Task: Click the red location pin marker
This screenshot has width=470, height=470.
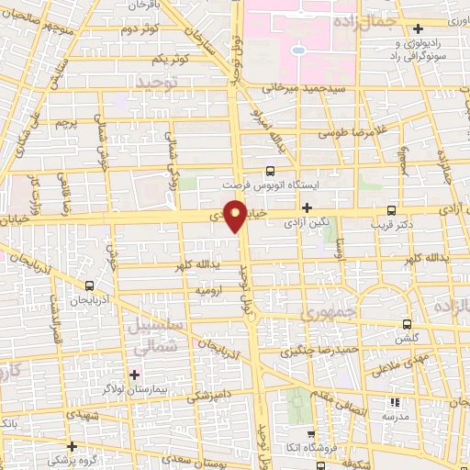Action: pyautogui.click(x=237, y=216)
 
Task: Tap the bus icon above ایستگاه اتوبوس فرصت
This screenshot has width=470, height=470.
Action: pyautogui.click(x=269, y=171)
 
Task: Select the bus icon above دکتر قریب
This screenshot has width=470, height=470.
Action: pyautogui.click(x=392, y=210)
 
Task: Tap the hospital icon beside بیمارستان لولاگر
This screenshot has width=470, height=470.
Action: pyautogui.click(x=135, y=375)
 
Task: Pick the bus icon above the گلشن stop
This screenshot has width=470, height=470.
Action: pyautogui.click(x=408, y=323)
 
